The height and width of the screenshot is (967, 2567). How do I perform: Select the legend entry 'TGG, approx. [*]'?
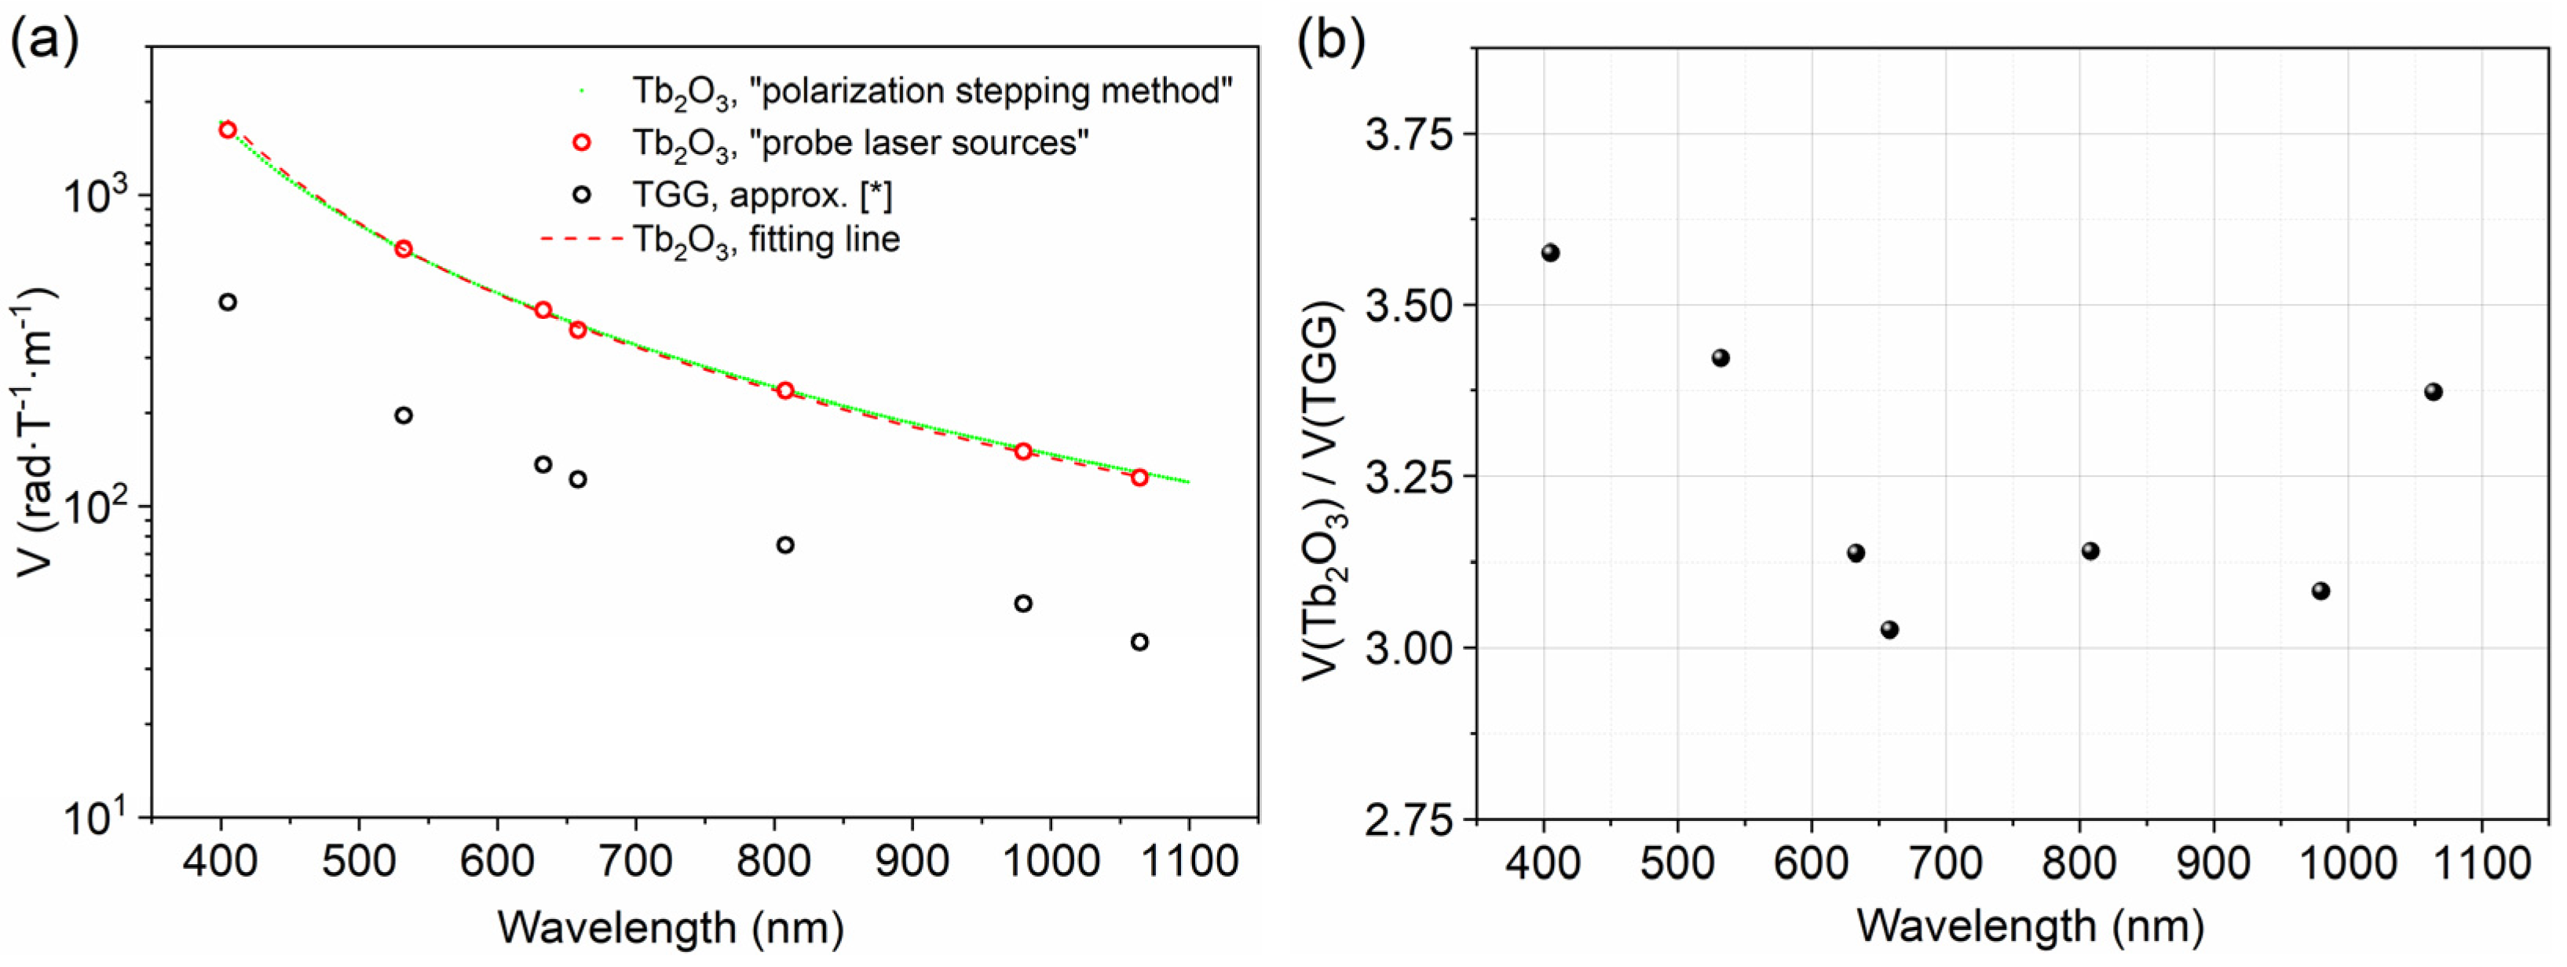(x=762, y=196)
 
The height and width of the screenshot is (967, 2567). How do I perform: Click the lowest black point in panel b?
(x=1889, y=630)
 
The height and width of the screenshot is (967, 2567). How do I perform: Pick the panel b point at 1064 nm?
(x=2434, y=392)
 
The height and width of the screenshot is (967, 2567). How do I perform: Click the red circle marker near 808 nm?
(x=785, y=390)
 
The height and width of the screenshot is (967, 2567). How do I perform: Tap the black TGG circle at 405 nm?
(x=227, y=302)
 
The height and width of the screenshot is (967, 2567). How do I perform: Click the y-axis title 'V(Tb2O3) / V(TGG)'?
(x=1326, y=490)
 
